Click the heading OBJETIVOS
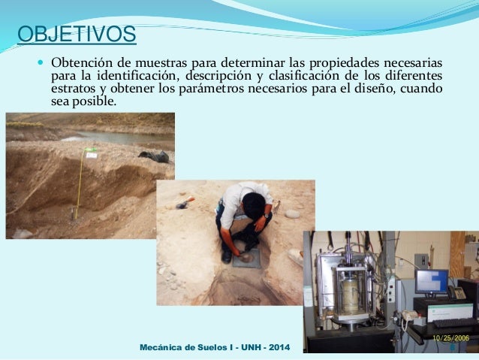point(77,35)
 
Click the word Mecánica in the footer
point(165,348)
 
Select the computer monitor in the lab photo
point(432,282)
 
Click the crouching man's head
point(254,201)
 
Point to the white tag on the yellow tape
point(92,153)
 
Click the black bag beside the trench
point(155,156)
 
